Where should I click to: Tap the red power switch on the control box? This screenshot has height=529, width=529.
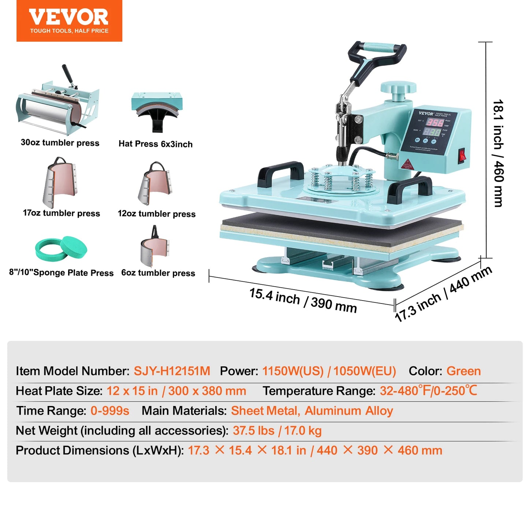click(462, 155)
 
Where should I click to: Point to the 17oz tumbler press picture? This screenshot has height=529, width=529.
click(61, 182)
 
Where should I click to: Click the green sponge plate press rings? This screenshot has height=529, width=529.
click(61, 249)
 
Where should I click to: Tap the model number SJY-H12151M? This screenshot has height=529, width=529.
click(172, 371)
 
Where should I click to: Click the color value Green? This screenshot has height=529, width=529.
click(463, 371)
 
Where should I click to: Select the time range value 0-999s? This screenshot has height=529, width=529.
click(110, 411)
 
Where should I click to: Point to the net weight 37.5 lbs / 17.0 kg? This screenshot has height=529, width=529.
click(277, 431)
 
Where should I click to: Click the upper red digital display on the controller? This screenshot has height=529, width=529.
click(435, 122)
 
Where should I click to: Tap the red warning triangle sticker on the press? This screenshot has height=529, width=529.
click(407, 163)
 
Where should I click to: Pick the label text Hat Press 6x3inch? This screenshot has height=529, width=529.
click(156, 144)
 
